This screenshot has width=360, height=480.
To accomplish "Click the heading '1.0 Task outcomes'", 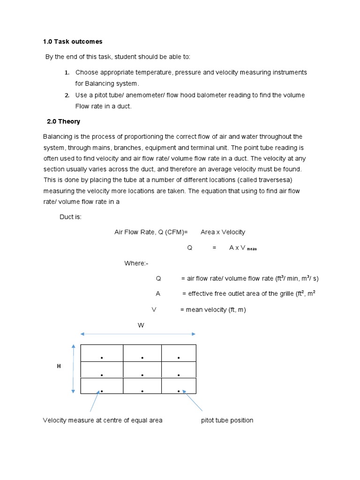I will (73, 42).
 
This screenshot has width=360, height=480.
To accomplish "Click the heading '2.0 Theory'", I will (63, 121).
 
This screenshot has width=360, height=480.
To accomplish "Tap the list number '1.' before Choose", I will (67, 73).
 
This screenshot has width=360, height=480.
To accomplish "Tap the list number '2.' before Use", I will (67, 95).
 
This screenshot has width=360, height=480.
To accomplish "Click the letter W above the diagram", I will (140, 325).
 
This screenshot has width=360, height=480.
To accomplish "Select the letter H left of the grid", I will (59, 366).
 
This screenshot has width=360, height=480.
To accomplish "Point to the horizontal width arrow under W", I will (138, 334).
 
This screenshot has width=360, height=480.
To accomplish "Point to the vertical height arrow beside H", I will (73, 368).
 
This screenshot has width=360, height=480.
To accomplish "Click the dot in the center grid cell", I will (142, 375).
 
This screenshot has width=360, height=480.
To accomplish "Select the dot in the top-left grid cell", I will (101, 358).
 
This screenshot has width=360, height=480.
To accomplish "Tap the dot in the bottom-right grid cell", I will (179, 390).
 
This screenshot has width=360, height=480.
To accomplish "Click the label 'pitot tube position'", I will (227, 420).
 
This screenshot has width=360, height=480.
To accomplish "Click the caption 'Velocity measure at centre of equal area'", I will (103, 420).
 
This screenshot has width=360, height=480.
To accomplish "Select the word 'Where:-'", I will (136, 263).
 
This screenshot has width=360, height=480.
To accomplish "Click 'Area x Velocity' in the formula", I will (223, 232).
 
